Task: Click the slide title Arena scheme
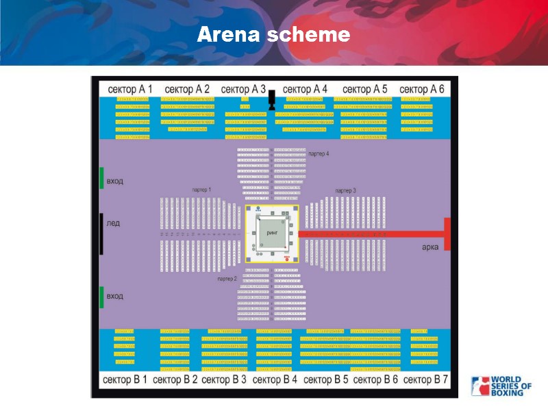tap(273, 35)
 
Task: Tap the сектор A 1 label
tap(129, 89)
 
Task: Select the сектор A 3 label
tap(243, 89)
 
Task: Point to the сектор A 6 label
tap(421, 89)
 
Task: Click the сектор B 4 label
tap(275, 379)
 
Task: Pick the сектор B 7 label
tap(425, 379)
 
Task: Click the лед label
tap(113, 223)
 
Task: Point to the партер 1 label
tap(201, 189)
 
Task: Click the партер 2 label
tap(227, 279)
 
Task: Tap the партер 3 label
tap(345, 190)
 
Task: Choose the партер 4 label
tap(319, 154)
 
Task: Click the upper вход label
tap(115, 182)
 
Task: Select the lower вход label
tap(115, 296)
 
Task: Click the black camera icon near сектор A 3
tap(271, 99)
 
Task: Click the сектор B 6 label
tap(375, 379)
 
